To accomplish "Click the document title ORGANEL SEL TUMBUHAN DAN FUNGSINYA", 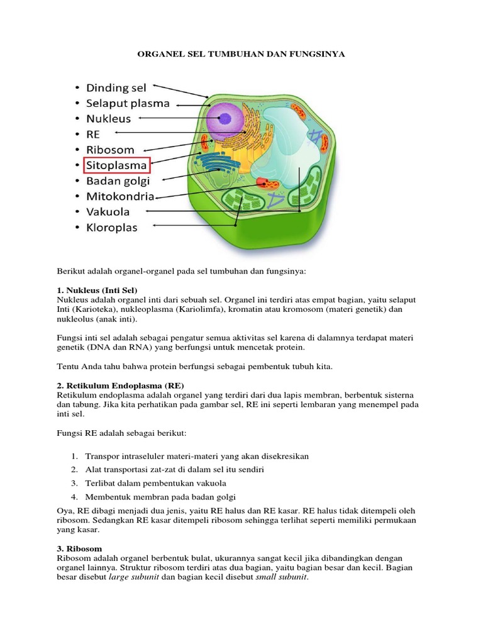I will (x=241, y=55).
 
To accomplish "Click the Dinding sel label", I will (x=116, y=87).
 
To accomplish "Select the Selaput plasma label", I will (x=128, y=103).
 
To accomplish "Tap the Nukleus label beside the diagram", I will (x=108, y=119).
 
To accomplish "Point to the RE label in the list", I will (x=92, y=135).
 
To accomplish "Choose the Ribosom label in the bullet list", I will (x=110, y=150).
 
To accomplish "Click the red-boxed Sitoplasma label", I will (x=117, y=166).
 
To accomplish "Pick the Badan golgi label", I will (x=118, y=181).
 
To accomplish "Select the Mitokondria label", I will (x=119, y=196).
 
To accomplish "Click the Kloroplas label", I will (x=111, y=227).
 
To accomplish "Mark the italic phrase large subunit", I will (x=134, y=578).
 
